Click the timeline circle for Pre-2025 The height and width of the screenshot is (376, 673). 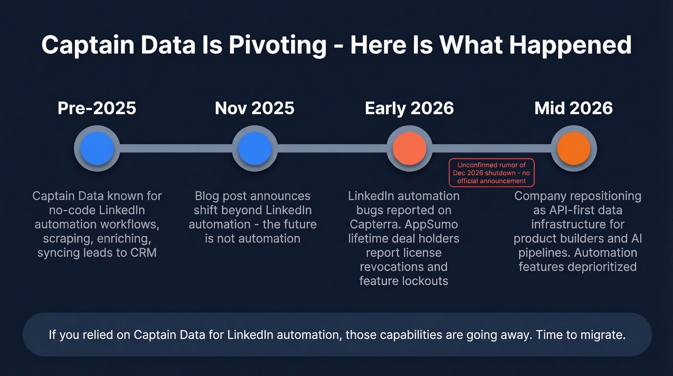[97, 149]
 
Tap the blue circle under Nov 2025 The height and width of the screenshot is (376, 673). [255, 149]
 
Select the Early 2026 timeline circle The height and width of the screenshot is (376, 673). [410, 149]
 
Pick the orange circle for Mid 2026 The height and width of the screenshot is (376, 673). [573, 149]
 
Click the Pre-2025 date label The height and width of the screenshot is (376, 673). [97, 108]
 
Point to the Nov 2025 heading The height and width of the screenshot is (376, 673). [255, 108]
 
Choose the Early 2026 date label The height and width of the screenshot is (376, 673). [410, 108]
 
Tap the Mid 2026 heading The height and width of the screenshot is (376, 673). [573, 108]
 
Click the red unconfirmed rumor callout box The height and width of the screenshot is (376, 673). [491, 173]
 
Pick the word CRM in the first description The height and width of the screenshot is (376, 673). [143, 252]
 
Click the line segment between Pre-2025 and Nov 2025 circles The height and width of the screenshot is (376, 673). [176, 149]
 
